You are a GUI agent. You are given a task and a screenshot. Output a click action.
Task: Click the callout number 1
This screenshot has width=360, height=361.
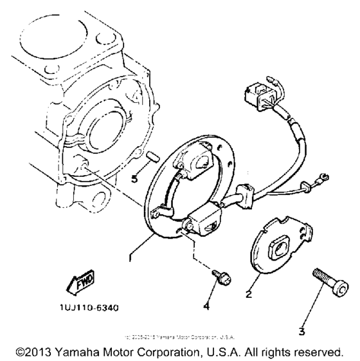tap(130, 257)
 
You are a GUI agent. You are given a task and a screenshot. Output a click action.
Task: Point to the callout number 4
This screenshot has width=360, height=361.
tap(207, 307)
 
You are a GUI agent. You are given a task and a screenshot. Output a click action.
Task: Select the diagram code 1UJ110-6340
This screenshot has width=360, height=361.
tap(87, 308)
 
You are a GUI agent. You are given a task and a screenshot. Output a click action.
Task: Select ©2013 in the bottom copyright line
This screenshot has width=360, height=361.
tap(34, 351)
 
